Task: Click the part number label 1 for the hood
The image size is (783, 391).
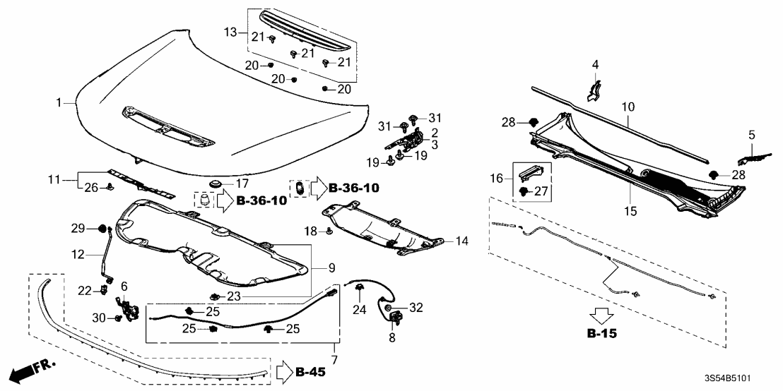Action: (60, 103)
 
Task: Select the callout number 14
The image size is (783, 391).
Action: (461, 241)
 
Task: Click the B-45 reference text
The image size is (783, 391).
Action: (310, 371)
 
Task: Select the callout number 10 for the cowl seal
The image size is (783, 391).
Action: (628, 107)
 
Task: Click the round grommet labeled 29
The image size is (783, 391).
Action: (100, 229)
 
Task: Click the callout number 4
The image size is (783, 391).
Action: (595, 65)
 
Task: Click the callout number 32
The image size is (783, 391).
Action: (417, 307)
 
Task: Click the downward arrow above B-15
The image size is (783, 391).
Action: (601, 314)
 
